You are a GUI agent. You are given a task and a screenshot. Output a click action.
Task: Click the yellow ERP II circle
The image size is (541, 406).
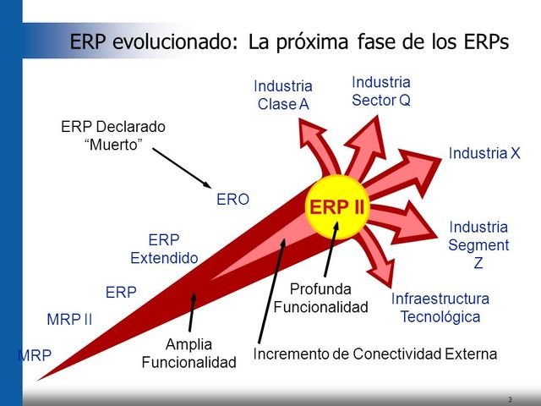click(337, 206)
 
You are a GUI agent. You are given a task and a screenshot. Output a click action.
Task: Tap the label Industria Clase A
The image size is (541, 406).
click(282, 95)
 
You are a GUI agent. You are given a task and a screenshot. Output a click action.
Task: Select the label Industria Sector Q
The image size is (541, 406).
click(380, 91)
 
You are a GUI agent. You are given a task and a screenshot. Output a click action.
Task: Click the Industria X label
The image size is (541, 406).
click(484, 153)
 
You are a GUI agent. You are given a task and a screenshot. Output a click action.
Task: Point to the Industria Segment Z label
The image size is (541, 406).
click(478, 245)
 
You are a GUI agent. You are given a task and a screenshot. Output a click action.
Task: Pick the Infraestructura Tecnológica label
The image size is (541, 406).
click(440, 308)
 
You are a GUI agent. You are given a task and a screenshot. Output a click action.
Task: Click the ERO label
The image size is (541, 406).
click(233, 200)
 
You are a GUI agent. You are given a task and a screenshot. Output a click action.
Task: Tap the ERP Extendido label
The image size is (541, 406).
click(164, 249)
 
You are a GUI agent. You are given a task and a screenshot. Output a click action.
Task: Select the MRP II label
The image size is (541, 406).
click(69, 320)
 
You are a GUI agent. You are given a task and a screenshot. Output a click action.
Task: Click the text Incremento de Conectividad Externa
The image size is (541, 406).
click(376, 354)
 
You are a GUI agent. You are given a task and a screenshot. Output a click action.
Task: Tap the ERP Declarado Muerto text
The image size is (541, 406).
click(113, 135)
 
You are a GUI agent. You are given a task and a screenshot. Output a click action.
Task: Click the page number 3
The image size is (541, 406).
click(510, 399)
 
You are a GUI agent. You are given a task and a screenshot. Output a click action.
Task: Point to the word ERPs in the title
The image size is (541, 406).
click(483, 41)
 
